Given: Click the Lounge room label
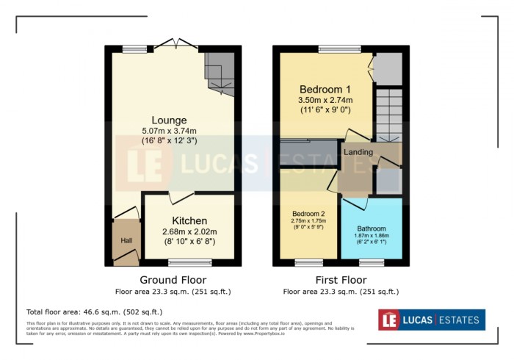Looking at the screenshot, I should [169, 120].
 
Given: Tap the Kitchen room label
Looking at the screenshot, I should [189, 220].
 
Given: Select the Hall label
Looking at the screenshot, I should [126, 240].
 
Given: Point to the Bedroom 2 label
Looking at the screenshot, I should [308, 215].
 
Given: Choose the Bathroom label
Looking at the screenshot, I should [372, 228].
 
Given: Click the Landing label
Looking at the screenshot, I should [358, 152].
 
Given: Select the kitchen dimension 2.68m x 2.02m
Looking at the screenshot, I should [189, 231].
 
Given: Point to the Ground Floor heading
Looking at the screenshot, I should [173, 280].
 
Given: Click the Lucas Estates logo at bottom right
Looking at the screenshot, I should [431, 320].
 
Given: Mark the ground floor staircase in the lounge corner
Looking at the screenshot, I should [220, 71].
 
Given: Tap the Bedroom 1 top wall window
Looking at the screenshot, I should [339, 49].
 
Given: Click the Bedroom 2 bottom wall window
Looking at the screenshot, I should [308, 262].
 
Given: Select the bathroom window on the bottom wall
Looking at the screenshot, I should [371, 262].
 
